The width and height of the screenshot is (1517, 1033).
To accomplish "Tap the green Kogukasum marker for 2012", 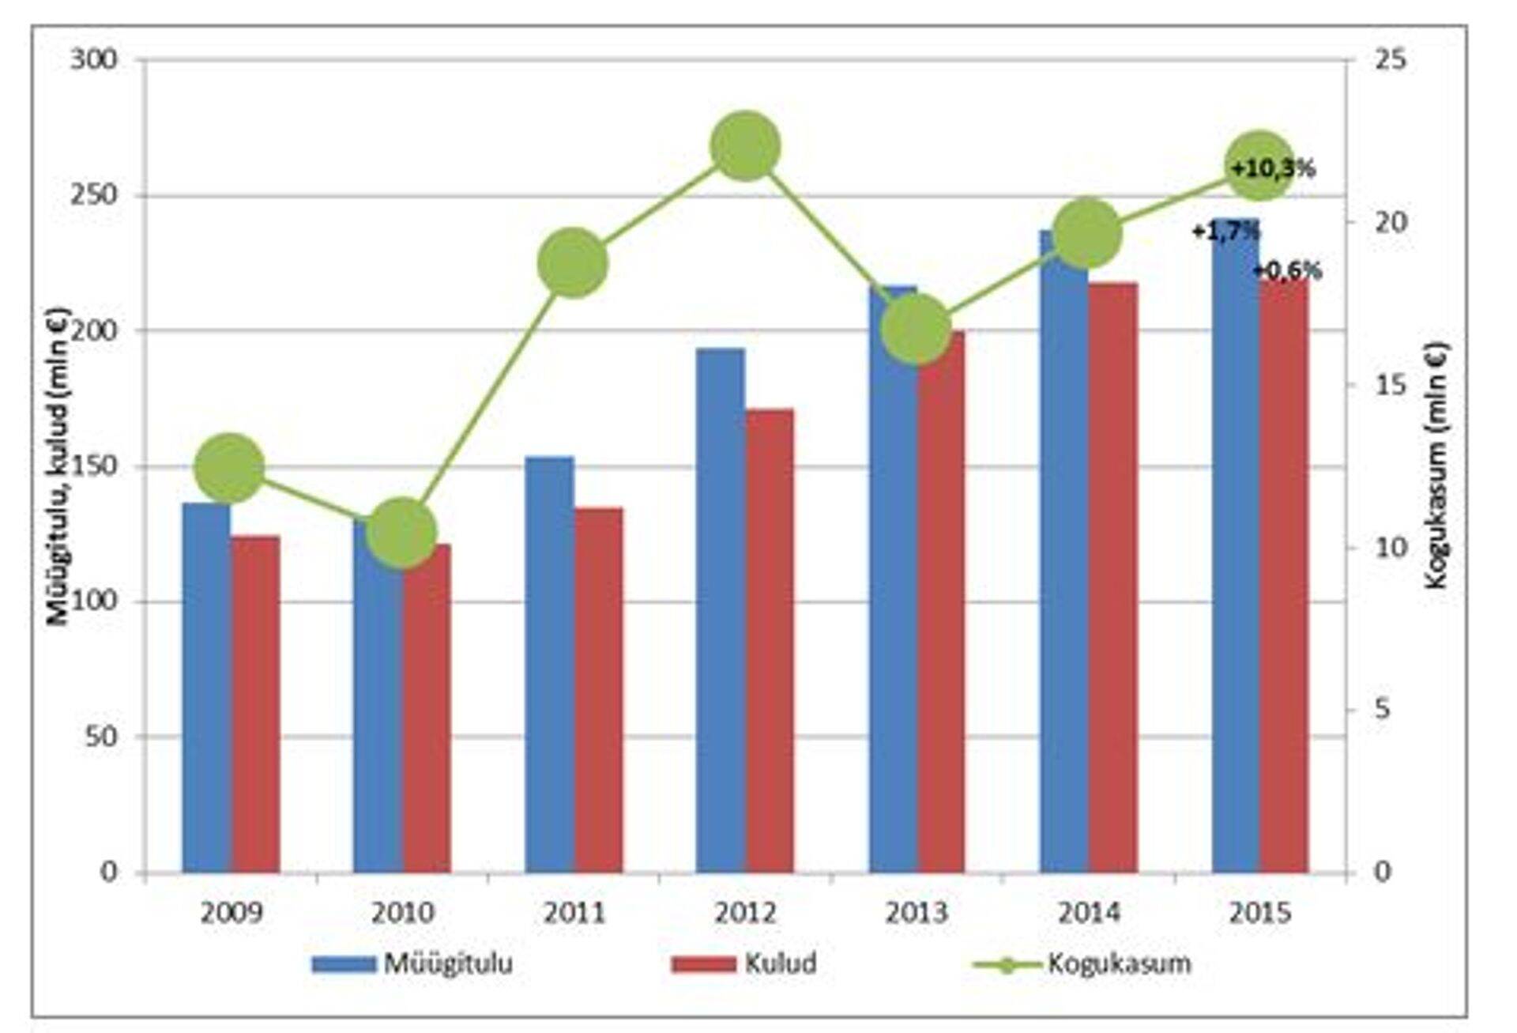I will pos(745,146).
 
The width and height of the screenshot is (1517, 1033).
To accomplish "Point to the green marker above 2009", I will pos(229,468).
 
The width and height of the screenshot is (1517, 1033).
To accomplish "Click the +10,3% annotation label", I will pos(1273,168).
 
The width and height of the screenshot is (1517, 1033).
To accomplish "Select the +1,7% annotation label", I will pos(1225,232).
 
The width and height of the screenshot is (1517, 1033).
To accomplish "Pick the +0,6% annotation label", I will pos(1287,271).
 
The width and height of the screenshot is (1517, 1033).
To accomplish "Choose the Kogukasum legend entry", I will pos(1082,963).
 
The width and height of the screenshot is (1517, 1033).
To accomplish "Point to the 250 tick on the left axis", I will pos(93,195).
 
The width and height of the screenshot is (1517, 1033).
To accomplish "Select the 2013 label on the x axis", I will pos(916,914).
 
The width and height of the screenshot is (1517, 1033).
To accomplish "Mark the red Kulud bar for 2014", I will pos(1112,577).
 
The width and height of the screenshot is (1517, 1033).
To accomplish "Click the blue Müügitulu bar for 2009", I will pos(206,688).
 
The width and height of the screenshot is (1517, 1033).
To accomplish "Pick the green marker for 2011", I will pos(573,263).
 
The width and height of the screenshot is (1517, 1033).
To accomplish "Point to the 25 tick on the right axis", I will pos(1391,60).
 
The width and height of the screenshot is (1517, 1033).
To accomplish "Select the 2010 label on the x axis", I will pos(402,914).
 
